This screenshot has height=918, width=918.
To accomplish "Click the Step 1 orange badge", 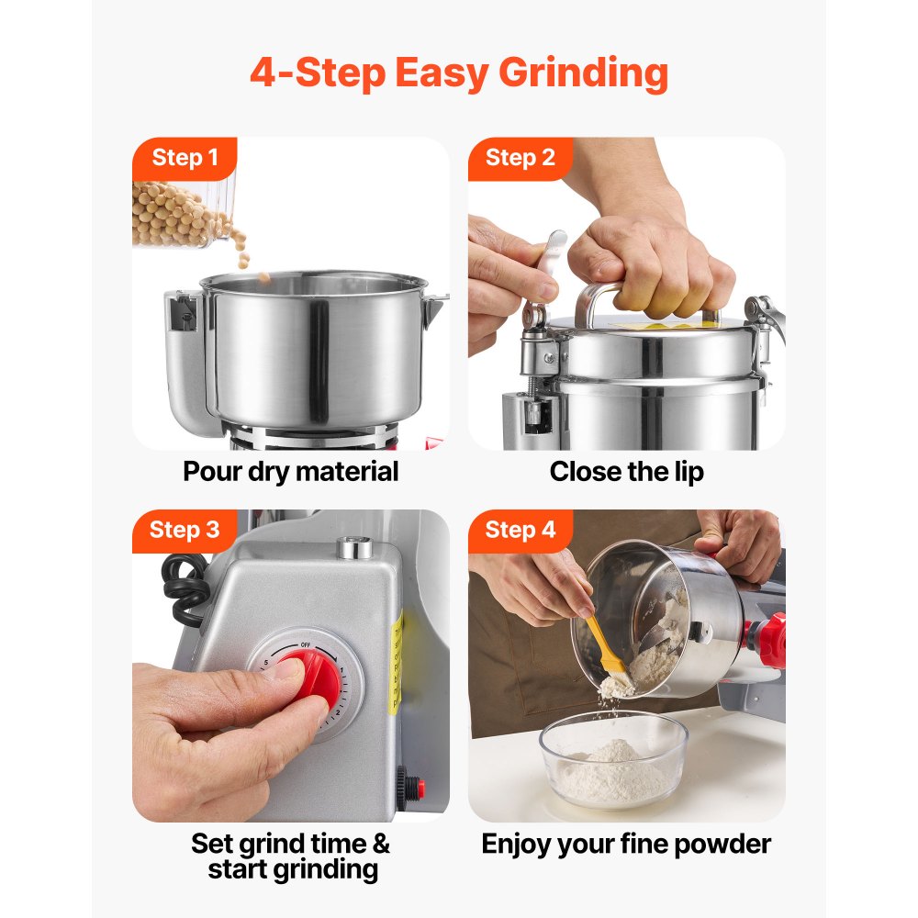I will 185,158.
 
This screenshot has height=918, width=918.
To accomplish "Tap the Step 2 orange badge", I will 520,158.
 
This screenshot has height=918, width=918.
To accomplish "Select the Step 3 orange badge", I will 185,530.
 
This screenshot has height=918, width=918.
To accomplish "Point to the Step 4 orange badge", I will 520,530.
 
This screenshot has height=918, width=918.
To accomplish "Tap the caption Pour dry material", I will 291,472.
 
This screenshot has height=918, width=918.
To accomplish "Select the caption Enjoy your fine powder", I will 626,844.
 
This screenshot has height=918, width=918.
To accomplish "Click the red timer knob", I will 308,681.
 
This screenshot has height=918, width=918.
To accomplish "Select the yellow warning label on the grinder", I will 394,661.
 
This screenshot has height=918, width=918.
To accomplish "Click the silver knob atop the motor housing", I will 356,548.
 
